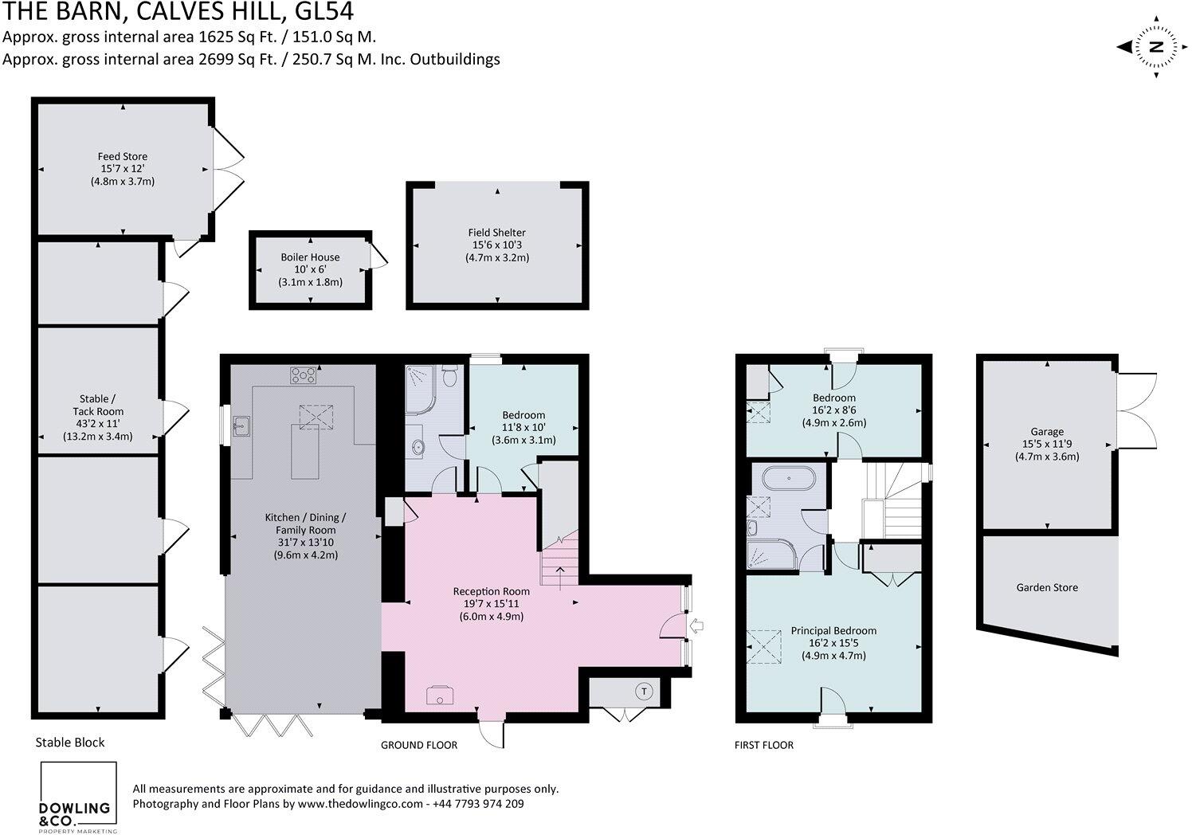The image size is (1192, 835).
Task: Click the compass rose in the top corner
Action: [x=1155, y=48]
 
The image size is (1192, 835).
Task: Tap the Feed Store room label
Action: [x=123, y=156]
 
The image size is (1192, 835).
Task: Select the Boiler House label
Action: [x=310, y=257]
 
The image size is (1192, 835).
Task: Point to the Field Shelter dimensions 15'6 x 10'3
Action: [x=497, y=245]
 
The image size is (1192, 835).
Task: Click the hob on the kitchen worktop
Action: [x=302, y=374]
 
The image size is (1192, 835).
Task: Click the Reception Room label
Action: [x=491, y=591]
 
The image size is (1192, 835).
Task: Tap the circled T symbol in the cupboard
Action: [x=643, y=691]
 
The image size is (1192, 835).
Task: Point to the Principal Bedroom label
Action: [x=833, y=630]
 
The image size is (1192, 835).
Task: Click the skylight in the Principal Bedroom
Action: [x=763, y=646]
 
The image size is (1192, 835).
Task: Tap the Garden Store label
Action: [x=1047, y=587]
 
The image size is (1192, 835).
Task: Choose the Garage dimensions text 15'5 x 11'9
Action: [x=1047, y=445]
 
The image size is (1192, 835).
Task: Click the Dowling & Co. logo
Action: [x=78, y=798]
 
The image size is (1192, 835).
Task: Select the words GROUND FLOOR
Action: [x=419, y=745]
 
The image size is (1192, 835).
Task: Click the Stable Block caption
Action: [x=70, y=742]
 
